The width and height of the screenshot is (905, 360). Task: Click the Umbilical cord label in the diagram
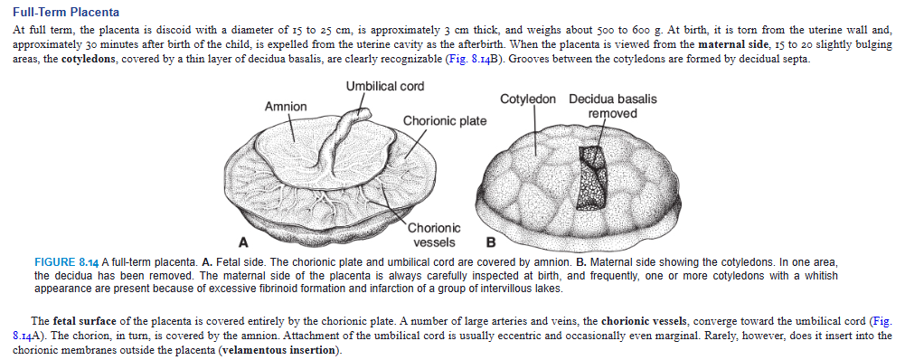(x=384, y=86)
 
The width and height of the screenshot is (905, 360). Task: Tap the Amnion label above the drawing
(x=285, y=107)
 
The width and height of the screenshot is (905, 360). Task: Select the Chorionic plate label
(x=445, y=121)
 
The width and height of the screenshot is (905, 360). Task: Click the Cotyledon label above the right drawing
(x=529, y=99)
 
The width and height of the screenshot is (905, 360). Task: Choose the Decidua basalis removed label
(x=612, y=106)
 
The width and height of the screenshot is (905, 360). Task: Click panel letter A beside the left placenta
(x=242, y=242)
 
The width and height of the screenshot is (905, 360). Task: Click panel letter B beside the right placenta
(x=491, y=242)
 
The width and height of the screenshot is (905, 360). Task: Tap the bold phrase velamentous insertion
(x=280, y=350)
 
